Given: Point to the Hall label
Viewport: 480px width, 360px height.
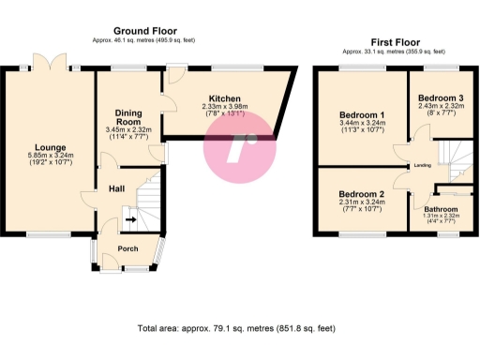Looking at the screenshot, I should [116, 188].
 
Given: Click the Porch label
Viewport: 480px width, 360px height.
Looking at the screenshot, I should [127, 248].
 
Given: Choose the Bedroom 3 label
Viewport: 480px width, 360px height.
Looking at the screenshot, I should [440, 98].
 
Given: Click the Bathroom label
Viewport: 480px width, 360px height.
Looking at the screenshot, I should [440, 208].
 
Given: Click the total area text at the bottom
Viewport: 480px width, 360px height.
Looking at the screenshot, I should [234, 329].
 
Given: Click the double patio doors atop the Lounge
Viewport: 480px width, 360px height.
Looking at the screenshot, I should [47, 62].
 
